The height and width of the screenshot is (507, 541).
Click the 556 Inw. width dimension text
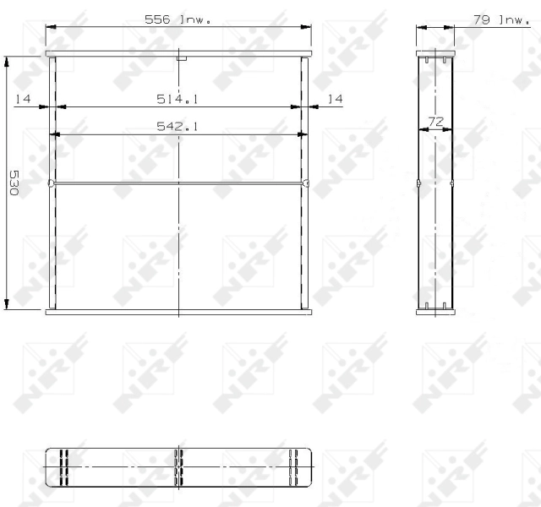coord(178,19)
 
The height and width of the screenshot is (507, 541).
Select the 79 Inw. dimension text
coord(501,19)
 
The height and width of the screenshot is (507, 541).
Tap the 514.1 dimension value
coord(178,100)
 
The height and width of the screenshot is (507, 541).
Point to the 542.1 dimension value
coord(178,126)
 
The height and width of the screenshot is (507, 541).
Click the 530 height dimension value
coord(14,183)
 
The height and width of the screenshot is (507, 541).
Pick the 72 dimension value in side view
coord(435,122)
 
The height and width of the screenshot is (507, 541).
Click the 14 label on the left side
coord(23,100)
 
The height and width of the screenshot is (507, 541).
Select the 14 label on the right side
coord(335,100)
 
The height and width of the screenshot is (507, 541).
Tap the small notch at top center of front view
coord(182,58)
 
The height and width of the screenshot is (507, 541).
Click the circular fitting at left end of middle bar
coord(51,183)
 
